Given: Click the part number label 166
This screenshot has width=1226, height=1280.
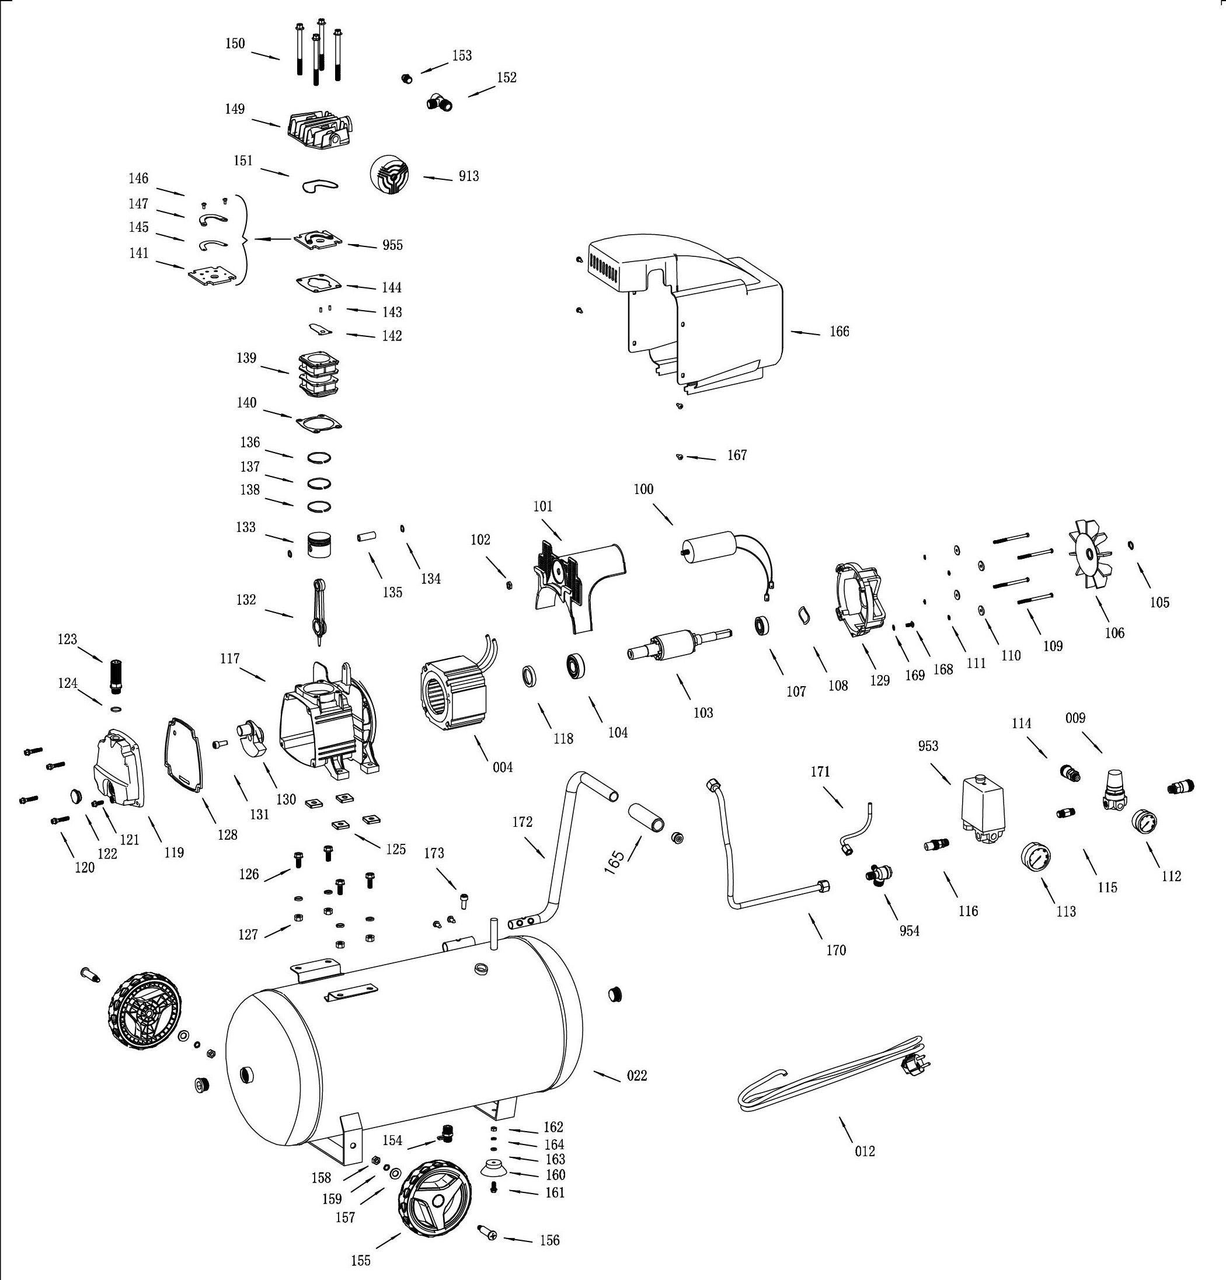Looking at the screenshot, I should coord(839,332).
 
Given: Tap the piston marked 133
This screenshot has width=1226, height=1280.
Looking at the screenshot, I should coord(319,543).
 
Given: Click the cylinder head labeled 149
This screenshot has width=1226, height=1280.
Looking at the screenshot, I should coord(321,133).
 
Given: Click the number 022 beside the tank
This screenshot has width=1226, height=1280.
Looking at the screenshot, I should coord(636,1076).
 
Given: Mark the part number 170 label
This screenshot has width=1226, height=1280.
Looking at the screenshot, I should coord(835,950).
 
